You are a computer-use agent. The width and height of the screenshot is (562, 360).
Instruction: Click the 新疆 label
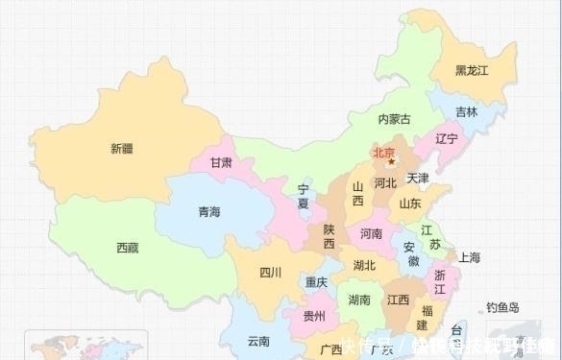point(122,148)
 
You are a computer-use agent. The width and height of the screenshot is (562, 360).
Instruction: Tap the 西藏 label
point(127,248)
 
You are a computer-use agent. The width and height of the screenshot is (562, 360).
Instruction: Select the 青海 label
point(209,211)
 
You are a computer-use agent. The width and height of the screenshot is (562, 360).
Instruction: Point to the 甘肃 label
point(220,163)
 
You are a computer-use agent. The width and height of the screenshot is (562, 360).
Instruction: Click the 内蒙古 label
point(393,120)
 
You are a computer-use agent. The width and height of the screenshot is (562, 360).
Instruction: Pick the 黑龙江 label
point(472,70)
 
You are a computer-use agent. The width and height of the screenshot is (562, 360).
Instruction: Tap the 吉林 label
point(466,112)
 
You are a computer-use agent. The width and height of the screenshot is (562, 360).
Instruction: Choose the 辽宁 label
point(447,139)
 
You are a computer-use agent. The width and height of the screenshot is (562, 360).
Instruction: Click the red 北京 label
point(385,151)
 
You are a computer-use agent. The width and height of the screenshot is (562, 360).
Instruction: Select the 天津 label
point(418,179)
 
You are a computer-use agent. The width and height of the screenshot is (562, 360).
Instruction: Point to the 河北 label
point(385,182)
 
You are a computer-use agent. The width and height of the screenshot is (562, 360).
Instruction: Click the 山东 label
point(410,204)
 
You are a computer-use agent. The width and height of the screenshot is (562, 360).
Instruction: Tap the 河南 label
point(371,233)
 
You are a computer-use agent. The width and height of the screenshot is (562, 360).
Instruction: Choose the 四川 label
point(270,273)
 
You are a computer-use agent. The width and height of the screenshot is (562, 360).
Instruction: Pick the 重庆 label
point(316,282)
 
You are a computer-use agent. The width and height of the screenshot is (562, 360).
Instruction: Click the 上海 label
point(470,257)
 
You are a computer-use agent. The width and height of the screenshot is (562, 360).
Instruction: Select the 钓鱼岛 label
point(501,308)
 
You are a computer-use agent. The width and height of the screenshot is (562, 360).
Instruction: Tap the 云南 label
point(257,341)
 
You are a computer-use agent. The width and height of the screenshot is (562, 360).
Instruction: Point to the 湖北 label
point(364,266)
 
